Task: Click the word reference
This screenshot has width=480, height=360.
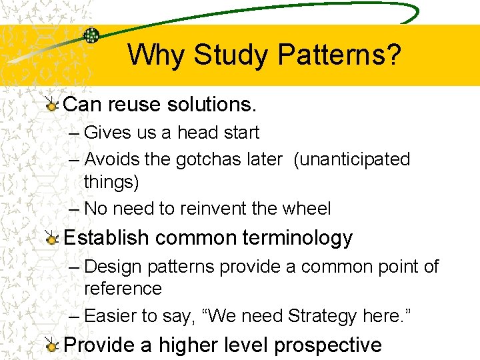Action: (123, 289)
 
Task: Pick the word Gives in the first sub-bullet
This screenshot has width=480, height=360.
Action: (108, 133)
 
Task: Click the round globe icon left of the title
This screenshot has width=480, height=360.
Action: (91, 36)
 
